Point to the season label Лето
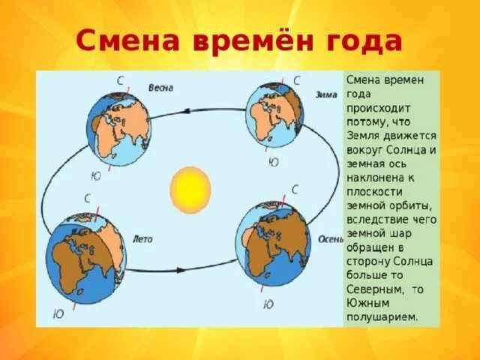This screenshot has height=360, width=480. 142,240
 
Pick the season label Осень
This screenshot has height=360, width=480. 329,240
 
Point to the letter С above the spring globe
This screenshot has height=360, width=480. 120,79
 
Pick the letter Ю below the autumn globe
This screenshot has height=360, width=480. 268,304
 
